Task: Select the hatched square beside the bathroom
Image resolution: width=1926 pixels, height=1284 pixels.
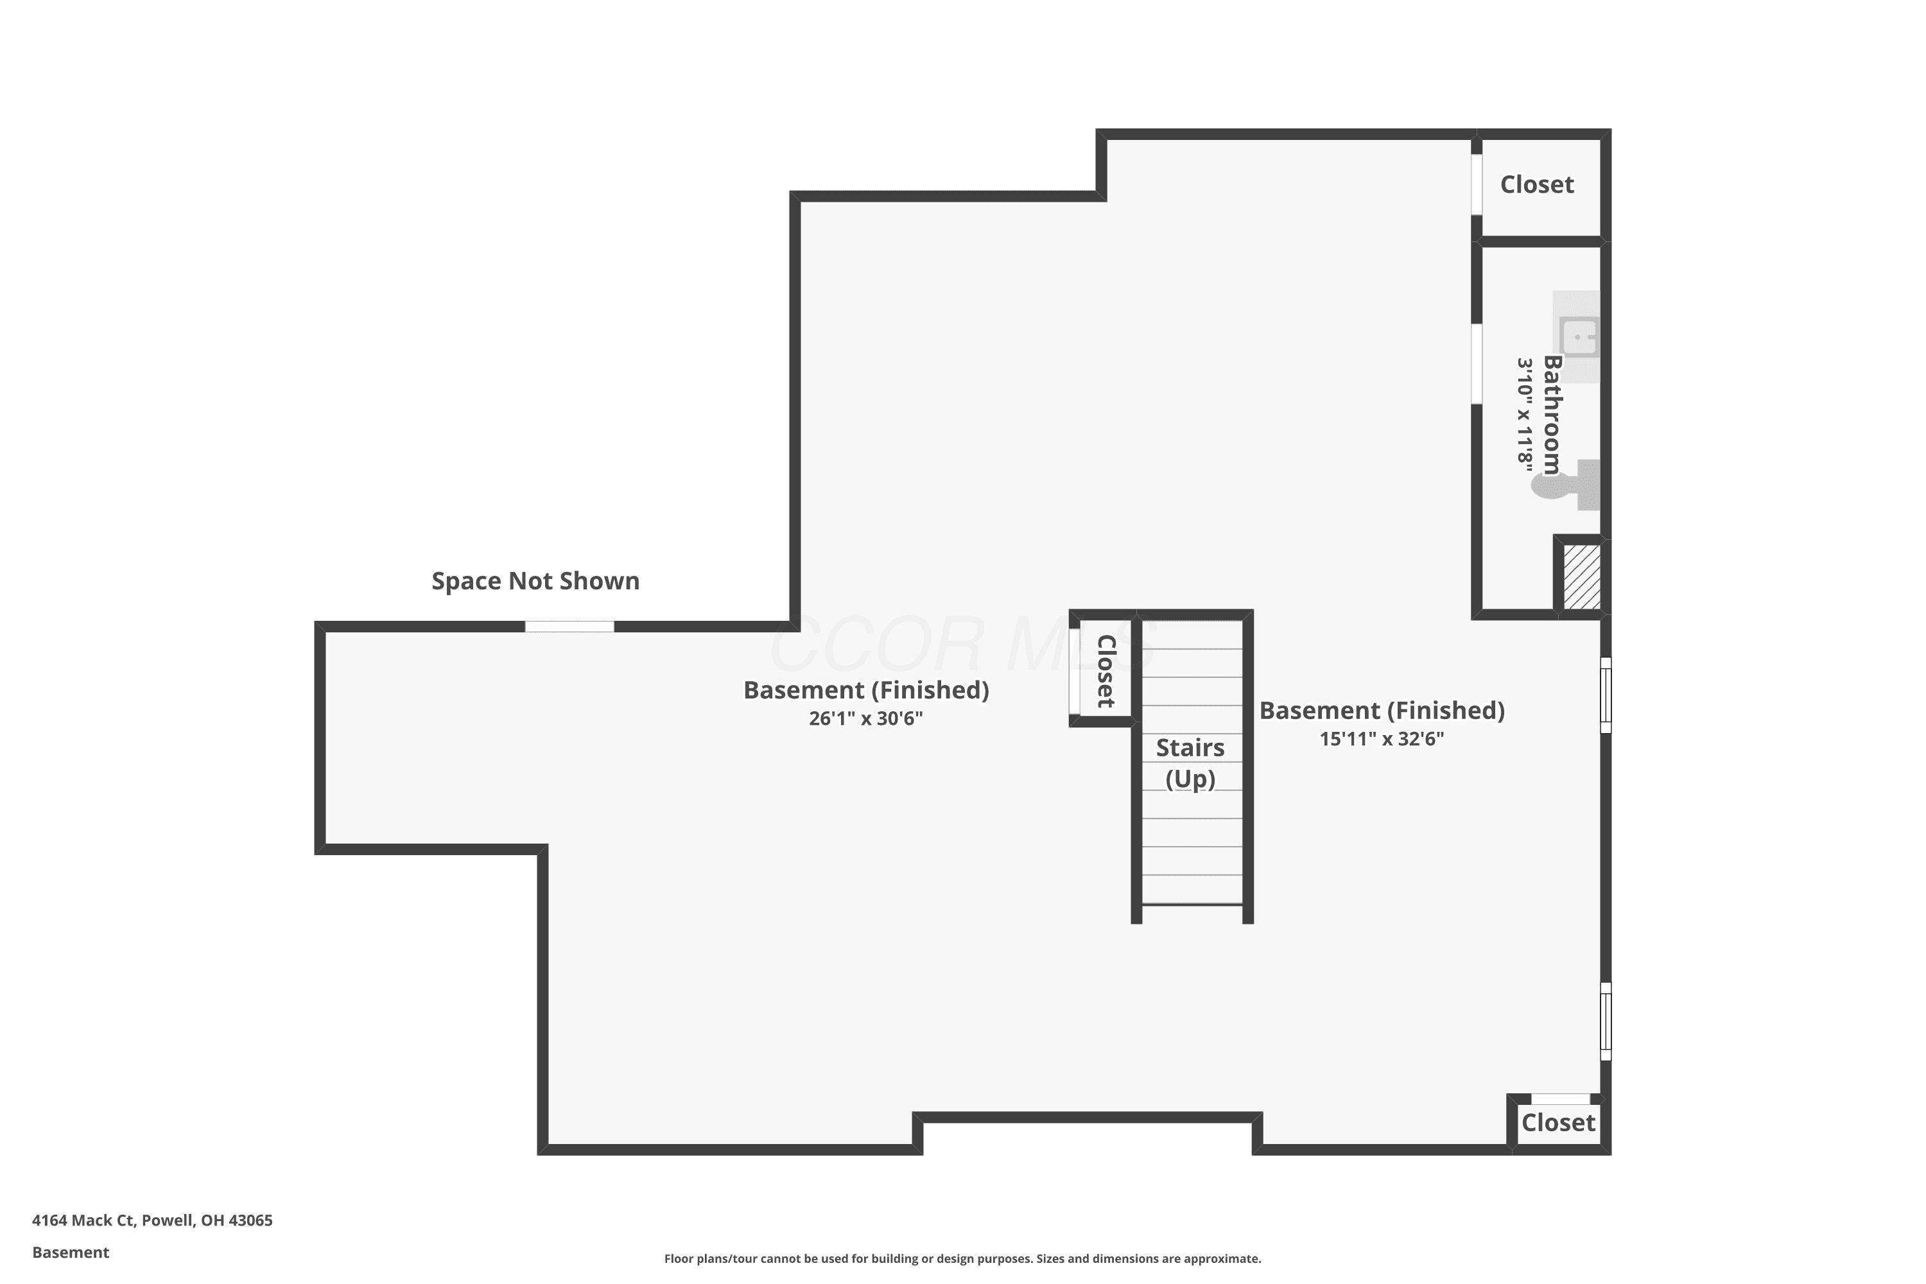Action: coord(1582,577)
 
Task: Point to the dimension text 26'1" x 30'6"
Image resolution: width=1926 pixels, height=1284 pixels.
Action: coord(865,718)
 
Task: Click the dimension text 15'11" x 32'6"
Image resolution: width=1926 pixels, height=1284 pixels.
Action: coord(1382,739)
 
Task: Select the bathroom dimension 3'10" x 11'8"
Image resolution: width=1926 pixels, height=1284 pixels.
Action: coord(1524,413)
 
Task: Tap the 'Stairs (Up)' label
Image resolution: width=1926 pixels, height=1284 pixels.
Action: coord(1190,763)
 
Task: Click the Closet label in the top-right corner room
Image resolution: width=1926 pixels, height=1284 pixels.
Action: coord(1537,185)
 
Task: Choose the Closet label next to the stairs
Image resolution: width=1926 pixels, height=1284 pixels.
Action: coord(1106,672)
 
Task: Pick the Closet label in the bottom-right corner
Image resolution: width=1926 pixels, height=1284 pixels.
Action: coord(1558,1123)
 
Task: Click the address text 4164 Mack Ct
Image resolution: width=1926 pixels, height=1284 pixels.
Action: coord(83,1220)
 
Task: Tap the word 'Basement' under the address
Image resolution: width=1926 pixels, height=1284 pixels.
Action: coord(71,1252)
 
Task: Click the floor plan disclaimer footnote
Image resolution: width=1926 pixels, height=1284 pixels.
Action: coord(962,1258)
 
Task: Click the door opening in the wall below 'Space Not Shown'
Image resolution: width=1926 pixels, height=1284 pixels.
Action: coord(569,627)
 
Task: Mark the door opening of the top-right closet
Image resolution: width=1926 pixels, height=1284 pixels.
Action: coord(1477,184)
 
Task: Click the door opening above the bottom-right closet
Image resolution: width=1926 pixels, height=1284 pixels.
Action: coord(1561,1099)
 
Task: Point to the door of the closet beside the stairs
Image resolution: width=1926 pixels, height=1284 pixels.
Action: coord(1073,672)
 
